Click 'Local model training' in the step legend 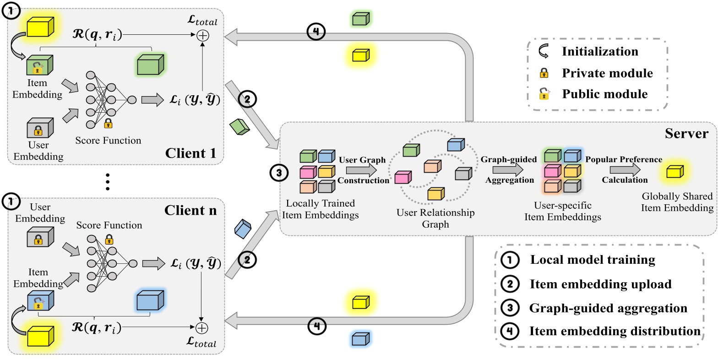[x=593, y=260]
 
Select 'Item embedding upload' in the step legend [x=600, y=284]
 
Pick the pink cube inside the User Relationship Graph [x=402, y=177]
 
